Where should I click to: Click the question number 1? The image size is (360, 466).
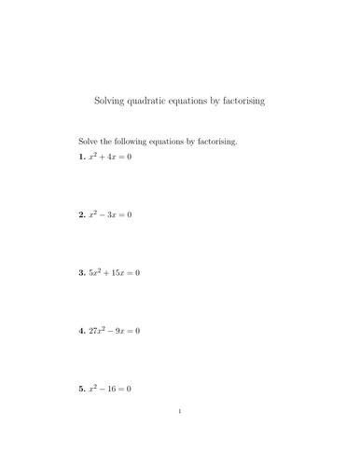pos(81,157)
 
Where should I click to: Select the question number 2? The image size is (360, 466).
pos(81,214)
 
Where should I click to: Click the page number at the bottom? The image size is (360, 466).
pos(179,436)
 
